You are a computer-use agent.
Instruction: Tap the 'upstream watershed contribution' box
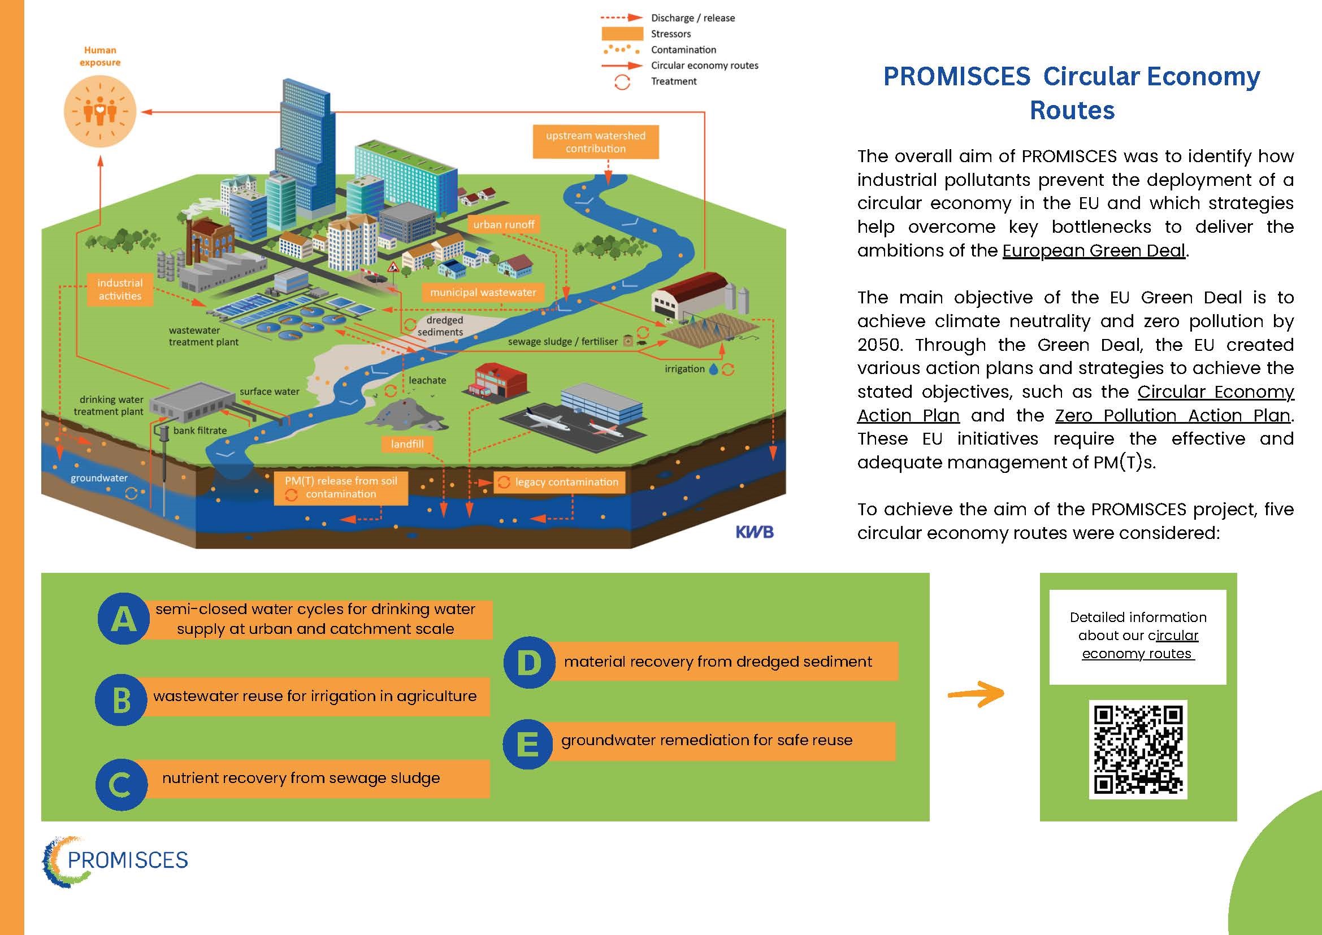pos(595,142)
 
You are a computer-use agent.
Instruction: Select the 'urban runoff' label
pos(504,224)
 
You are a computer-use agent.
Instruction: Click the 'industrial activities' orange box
pos(120,289)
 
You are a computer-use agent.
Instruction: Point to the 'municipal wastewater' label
pos(483,293)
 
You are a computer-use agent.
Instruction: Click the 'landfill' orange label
pos(408,444)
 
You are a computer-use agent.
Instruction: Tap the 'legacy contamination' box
pos(559,482)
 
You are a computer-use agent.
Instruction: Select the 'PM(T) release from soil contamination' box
pos(340,488)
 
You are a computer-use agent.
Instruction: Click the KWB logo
pos(754,533)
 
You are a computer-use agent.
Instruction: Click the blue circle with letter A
pos(123,619)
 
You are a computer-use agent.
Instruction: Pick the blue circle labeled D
pos(529,662)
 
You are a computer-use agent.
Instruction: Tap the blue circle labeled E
pos(528,743)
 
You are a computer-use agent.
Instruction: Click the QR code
pos(1138,749)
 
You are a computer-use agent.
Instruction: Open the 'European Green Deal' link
pos(1094,251)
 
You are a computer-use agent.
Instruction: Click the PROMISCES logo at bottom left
pos(115,861)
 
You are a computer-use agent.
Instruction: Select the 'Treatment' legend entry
pos(673,82)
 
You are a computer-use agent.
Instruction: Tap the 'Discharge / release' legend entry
pos(692,19)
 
